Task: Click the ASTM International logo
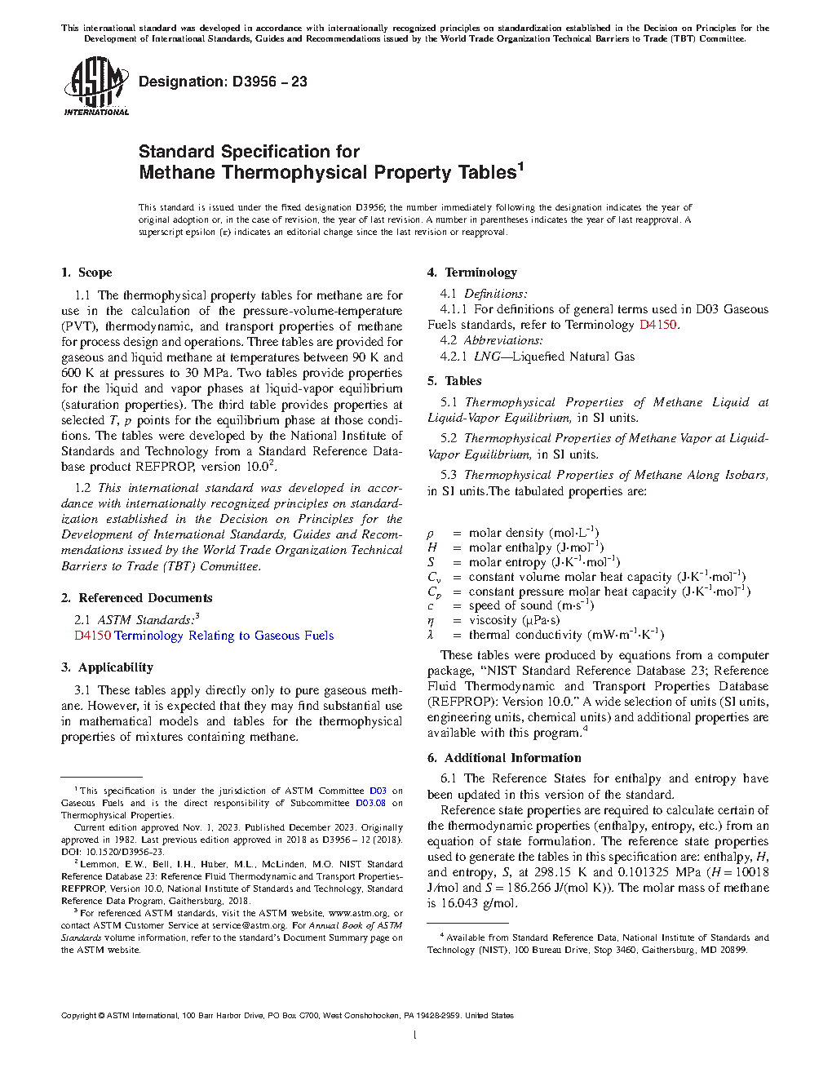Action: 96,86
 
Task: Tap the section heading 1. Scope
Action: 86,273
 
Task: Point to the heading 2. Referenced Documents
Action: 136,598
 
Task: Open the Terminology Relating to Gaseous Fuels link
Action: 223,636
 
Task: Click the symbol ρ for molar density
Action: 431,534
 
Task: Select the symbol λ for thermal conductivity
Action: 431,635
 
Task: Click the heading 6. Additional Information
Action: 504,758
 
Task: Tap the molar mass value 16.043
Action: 462,903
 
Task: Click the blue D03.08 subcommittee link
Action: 370,803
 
